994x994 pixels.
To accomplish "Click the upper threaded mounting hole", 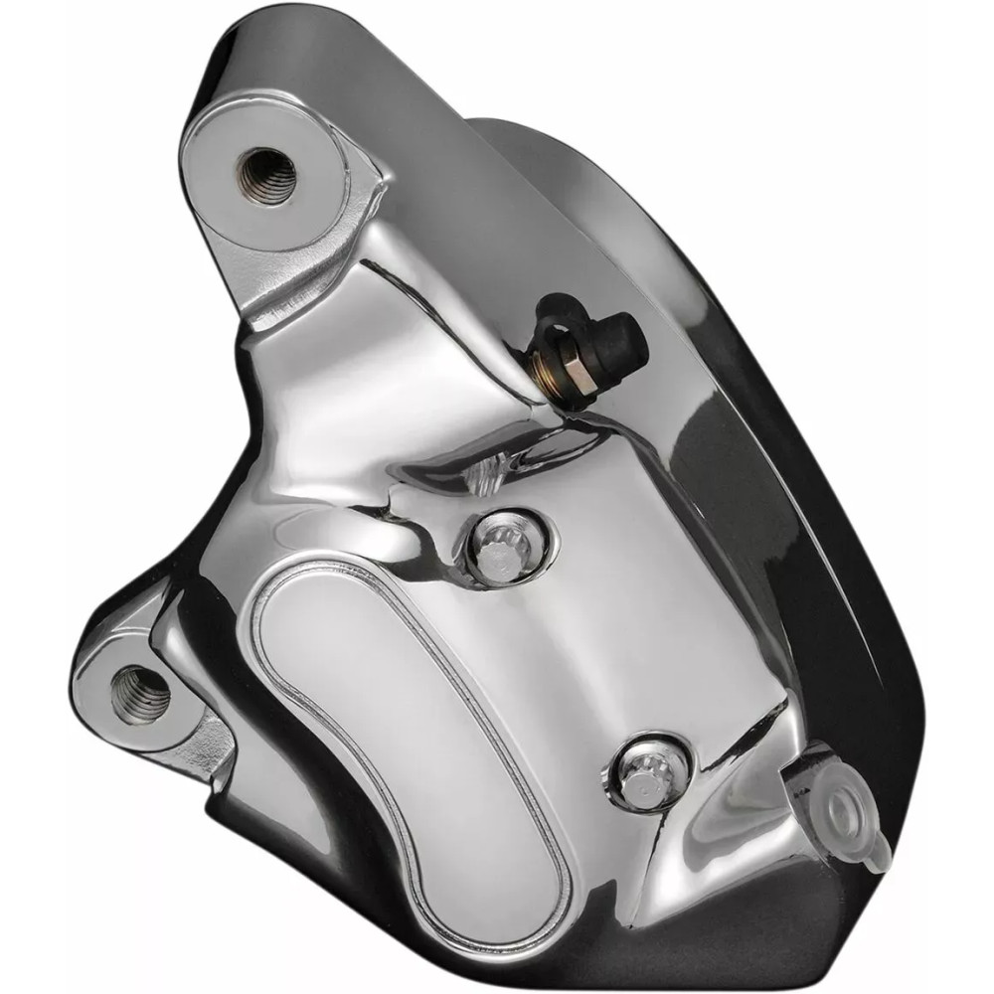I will pyautogui.click(x=267, y=174).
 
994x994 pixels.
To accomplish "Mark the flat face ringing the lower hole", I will pyautogui.click(x=104, y=686).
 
